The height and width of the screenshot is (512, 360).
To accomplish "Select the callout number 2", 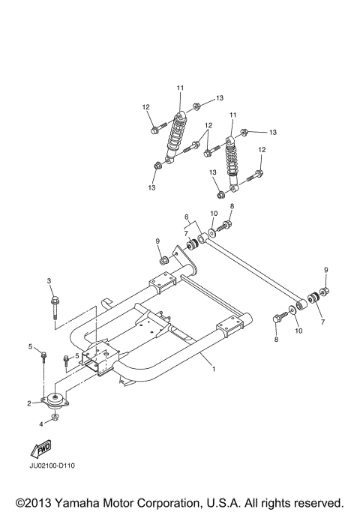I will pyautogui.click(x=30, y=403).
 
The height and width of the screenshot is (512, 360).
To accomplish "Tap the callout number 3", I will pyautogui.click(x=49, y=280).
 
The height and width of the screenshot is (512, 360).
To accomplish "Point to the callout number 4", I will pyautogui.click(x=42, y=424).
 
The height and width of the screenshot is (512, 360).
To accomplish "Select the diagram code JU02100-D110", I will pyautogui.click(x=53, y=466).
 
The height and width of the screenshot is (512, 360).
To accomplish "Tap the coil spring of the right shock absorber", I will pyautogui.click(x=233, y=161).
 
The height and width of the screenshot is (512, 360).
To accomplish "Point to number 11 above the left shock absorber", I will pyautogui.click(x=180, y=88).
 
